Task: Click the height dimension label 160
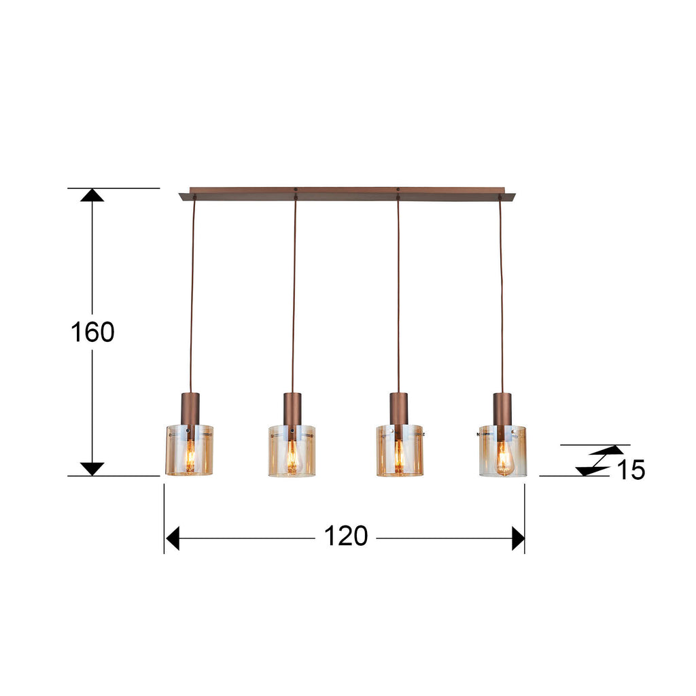pyautogui.click(x=92, y=332)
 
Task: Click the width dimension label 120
pyautogui.click(x=345, y=537)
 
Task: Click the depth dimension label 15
pyautogui.click(x=631, y=470)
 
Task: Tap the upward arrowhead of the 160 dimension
pyautogui.click(x=92, y=195)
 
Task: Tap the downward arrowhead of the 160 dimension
pyautogui.click(x=92, y=468)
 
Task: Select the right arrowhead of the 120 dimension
pyautogui.click(x=518, y=538)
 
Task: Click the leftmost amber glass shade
pyautogui.click(x=189, y=450)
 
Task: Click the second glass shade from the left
pyautogui.click(x=292, y=451)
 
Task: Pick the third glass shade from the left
pyautogui.click(x=400, y=451)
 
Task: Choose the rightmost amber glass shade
pyautogui.click(x=502, y=451)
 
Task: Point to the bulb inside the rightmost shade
pyautogui.click(x=503, y=462)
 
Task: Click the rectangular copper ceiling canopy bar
pyautogui.click(x=347, y=194)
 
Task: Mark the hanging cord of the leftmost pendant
pyautogui.click(x=192, y=292)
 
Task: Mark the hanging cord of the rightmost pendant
pyautogui.click(x=501, y=292)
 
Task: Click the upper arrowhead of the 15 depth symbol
pyautogui.click(x=607, y=450)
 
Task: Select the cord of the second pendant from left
pyautogui.click(x=294, y=292)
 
